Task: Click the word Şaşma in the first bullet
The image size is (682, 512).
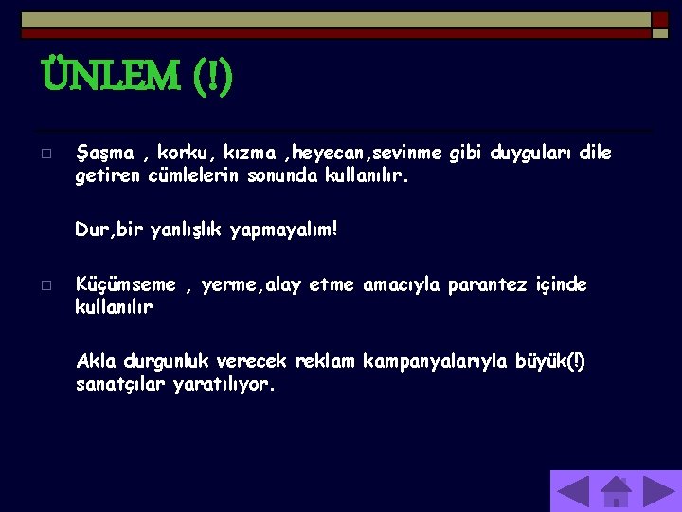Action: click(x=105, y=153)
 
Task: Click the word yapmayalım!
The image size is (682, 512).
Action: click(x=285, y=229)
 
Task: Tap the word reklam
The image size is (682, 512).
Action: click(x=326, y=361)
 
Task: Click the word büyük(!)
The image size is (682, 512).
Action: click(x=550, y=361)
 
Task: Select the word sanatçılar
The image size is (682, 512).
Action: click(x=121, y=385)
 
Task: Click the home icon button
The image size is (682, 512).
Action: click(x=616, y=491)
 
